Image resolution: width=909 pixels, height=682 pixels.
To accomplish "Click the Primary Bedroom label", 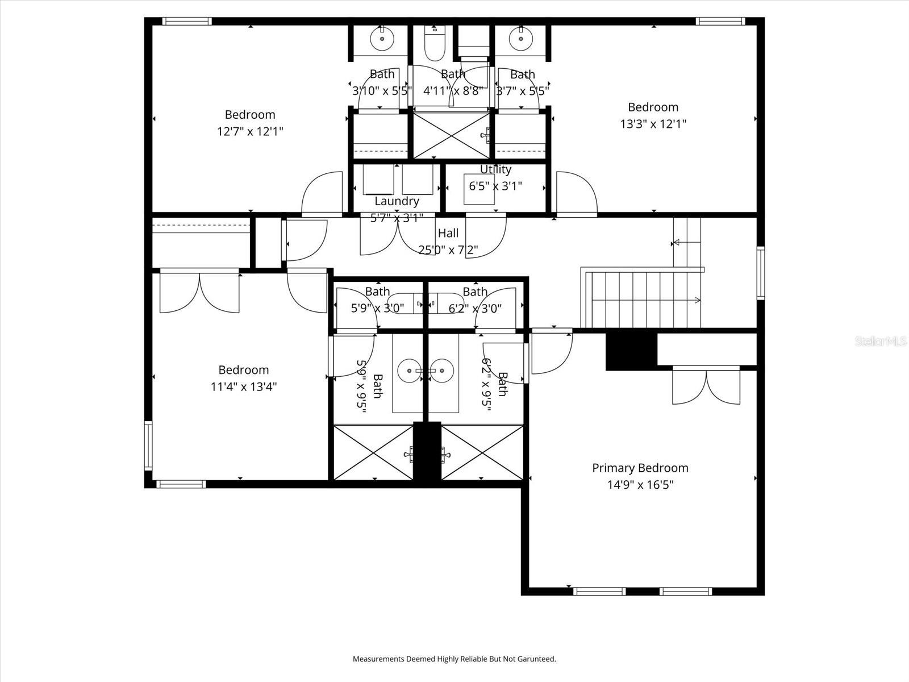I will [640, 468].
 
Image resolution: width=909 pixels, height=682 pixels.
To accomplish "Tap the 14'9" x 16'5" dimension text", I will [640, 485].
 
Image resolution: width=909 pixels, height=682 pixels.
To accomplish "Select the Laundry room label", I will [397, 201].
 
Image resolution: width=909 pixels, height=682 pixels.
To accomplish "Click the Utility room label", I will [495, 169].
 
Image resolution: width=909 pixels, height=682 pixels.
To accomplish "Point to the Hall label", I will [448, 233].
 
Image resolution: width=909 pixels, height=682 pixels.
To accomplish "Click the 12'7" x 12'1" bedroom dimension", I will [250, 132].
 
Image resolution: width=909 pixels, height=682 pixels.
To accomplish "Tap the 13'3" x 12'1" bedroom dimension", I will [653, 124].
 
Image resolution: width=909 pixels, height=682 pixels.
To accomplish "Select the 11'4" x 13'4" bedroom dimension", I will [243, 387].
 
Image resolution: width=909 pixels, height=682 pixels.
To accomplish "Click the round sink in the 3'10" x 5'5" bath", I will [382, 39].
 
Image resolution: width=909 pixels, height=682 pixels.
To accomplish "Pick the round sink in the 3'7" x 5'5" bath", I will [520, 39].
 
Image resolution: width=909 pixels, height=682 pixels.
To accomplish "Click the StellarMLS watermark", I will [880, 342].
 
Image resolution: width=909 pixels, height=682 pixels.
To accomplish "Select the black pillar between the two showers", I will [427, 452].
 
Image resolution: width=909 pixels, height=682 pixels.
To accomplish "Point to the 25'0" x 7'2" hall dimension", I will [448, 249].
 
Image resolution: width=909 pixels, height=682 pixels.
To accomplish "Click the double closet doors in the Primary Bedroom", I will [706, 386].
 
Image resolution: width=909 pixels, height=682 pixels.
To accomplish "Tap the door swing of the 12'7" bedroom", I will [322, 193].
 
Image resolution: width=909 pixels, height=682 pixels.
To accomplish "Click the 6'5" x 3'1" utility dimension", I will [495, 185].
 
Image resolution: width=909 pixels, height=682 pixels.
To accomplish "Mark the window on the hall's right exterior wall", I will [760, 273].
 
